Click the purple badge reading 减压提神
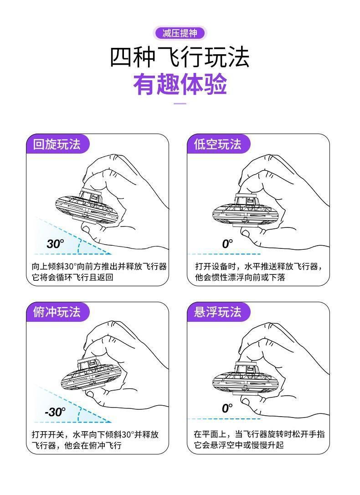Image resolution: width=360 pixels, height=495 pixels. (180, 33)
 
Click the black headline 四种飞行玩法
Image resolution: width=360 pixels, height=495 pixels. (180, 57)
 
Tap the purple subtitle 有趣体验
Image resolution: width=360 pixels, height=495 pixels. (180, 84)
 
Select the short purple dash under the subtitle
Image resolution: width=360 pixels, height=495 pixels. (180, 103)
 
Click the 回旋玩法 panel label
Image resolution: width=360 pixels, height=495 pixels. (57, 144)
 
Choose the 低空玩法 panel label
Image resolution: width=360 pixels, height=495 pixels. (218, 144)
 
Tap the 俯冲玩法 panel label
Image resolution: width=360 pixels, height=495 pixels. (57, 312)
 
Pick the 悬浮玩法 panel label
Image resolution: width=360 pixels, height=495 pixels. (218, 312)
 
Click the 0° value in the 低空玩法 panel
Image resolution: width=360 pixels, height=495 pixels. (227, 244)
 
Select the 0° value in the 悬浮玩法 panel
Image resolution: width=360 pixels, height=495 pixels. (227, 408)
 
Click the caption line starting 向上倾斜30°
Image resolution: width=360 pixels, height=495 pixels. (99, 267)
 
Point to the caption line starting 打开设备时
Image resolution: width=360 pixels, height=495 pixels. (259, 267)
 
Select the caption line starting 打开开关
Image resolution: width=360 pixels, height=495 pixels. (95, 434)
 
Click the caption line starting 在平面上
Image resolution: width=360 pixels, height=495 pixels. (259, 434)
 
